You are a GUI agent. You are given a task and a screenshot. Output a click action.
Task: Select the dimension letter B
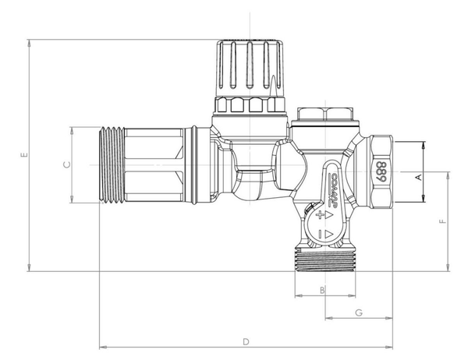(323, 290)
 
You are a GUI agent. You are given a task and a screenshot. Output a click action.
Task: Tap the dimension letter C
(66, 164)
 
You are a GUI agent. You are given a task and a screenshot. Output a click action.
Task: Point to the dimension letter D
(245, 341)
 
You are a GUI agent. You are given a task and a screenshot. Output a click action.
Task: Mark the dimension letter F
(441, 222)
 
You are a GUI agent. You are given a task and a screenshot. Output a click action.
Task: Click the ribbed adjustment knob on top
(248, 66)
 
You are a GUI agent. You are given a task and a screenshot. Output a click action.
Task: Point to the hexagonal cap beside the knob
(326, 115)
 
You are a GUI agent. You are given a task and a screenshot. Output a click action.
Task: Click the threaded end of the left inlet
(108, 164)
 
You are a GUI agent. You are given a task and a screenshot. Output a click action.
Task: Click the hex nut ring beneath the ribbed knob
(247, 105)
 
